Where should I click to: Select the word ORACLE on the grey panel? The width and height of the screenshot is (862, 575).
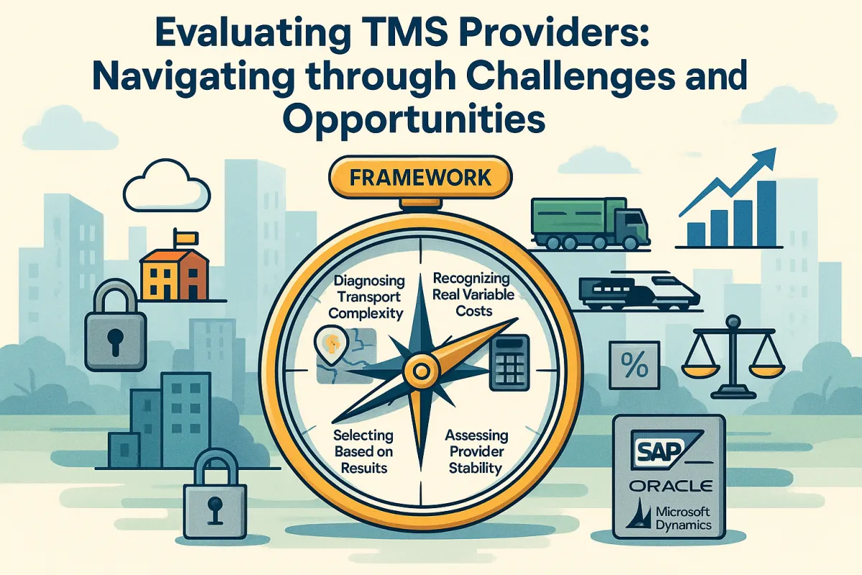(x=669, y=486)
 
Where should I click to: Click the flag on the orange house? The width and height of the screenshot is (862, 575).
(x=183, y=236)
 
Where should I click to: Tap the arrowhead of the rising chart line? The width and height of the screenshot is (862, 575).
(x=769, y=155)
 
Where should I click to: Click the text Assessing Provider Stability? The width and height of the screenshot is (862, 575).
(x=476, y=452)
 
